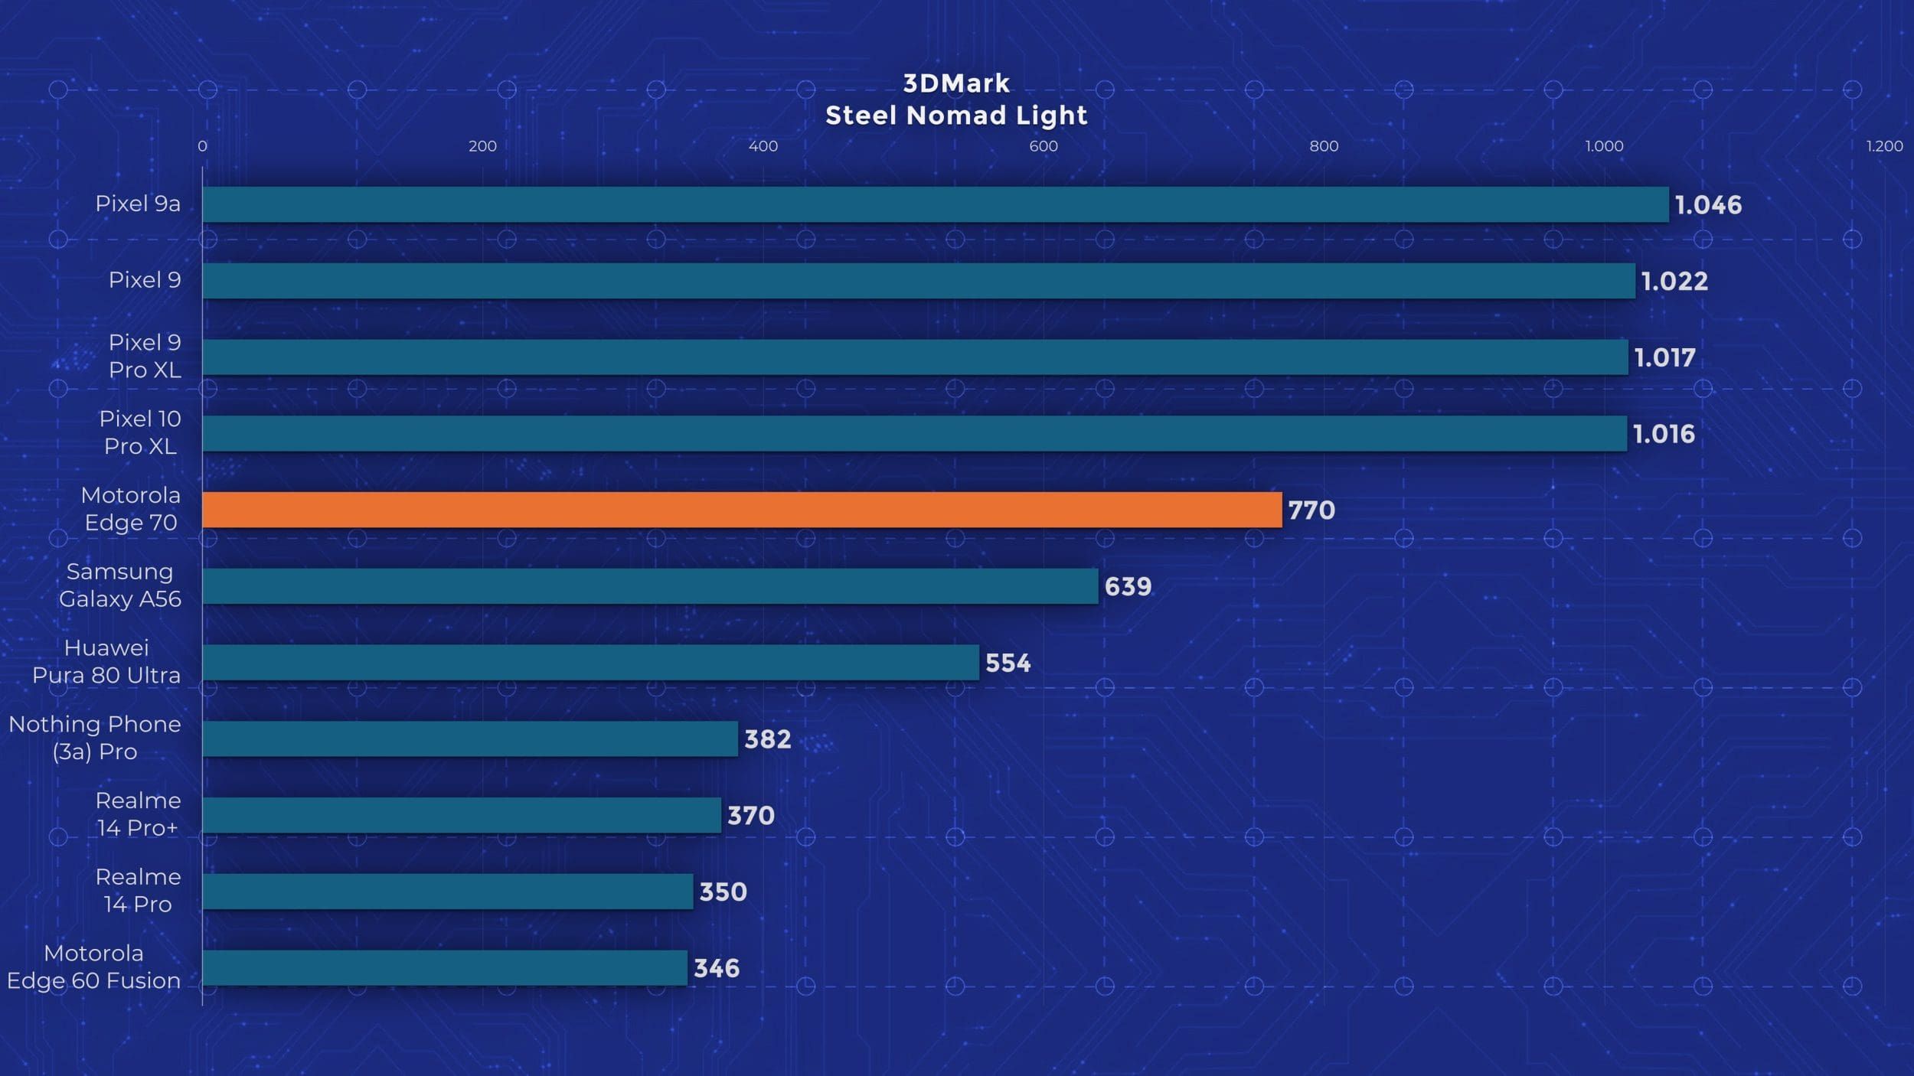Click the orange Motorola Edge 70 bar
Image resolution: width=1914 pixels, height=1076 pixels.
click(x=741, y=510)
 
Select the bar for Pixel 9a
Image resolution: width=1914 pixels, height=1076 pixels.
click(x=935, y=204)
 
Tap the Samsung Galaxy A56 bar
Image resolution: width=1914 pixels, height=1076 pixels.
click(x=650, y=586)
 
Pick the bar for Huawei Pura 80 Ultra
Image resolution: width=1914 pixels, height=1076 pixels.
click(x=590, y=662)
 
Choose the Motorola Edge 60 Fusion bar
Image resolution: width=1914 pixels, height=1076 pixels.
click(x=445, y=968)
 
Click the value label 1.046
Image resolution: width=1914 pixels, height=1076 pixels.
click(x=1708, y=205)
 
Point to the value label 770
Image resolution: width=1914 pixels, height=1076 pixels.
click(x=1311, y=510)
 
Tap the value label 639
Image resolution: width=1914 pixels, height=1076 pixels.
click(x=1128, y=587)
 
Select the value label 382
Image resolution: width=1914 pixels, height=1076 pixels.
click(x=767, y=739)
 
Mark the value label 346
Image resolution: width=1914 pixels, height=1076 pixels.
click(x=717, y=969)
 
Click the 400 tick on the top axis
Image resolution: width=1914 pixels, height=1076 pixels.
click(x=763, y=146)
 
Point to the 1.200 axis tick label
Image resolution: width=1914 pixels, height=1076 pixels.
click(x=1884, y=146)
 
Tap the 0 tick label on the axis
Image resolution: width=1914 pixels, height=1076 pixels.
click(x=202, y=146)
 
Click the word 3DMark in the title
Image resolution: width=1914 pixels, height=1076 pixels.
click(x=956, y=83)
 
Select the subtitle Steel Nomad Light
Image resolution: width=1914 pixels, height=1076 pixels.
click(x=956, y=116)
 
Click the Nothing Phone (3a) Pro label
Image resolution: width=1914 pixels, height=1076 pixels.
click(x=95, y=738)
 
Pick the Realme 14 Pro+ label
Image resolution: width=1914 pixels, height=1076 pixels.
click(x=138, y=814)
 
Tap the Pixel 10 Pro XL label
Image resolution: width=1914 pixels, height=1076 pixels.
click(x=140, y=432)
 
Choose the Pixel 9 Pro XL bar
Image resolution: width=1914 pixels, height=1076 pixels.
click(x=915, y=357)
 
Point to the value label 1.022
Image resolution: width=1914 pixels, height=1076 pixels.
click(x=1674, y=282)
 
